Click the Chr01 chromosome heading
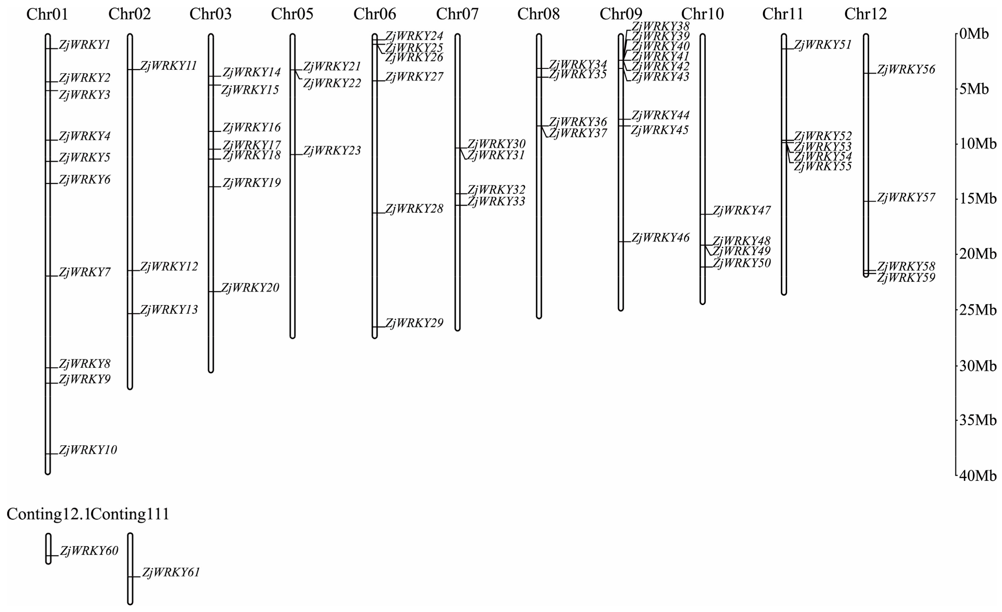click(x=47, y=15)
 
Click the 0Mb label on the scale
click(x=974, y=34)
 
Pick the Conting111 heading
click(x=130, y=514)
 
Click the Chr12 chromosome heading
click(x=866, y=15)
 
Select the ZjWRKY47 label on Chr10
click(x=742, y=211)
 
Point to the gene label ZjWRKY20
click(x=250, y=288)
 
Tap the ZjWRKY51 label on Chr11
click(x=823, y=45)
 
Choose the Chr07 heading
click(x=457, y=15)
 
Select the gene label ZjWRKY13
click(x=169, y=310)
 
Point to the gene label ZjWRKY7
click(x=85, y=272)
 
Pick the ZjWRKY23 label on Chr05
click(x=332, y=151)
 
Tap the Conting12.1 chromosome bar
click(x=48, y=548)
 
